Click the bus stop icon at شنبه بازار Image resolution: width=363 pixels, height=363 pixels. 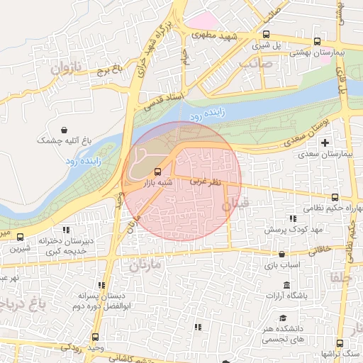click(x=157, y=171)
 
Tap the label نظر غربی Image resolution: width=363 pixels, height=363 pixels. click(x=206, y=182)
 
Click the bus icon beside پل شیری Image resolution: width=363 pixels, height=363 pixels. click(x=266, y=34)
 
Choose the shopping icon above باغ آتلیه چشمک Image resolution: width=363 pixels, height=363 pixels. click(x=65, y=130)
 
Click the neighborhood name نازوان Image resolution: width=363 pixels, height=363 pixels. click(x=67, y=69)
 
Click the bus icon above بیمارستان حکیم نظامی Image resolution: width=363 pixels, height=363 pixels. click(x=335, y=198)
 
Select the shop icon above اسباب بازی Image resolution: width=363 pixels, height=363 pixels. click(x=282, y=254)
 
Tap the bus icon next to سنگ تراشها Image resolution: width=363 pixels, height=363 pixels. click(x=340, y=342)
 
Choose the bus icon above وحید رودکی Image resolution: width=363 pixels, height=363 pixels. click(x=96, y=337)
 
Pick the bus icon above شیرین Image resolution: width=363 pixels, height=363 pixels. click(x=20, y=238)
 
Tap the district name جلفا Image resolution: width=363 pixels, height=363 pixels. click(x=340, y=278)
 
